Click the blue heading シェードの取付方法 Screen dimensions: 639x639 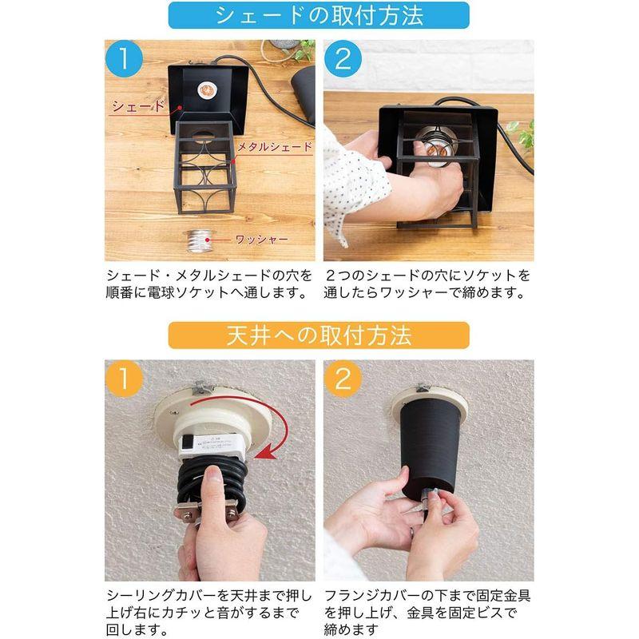click(x=319, y=15)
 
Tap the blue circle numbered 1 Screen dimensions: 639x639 click(x=124, y=59)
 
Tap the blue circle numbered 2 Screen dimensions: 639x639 click(x=343, y=59)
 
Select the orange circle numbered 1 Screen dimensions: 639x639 click(x=124, y=379)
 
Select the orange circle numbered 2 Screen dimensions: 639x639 click(x=343, y=379)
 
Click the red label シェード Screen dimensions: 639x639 click(x=138, y=106)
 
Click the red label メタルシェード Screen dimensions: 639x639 click(x=274, y=146)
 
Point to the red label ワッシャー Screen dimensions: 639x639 click(x=261, y=239)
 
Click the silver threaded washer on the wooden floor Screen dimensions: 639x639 click(x=199, y=241)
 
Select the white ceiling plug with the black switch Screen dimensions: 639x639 click(x=211, y=446)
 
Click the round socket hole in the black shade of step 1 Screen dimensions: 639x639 click(x=206, y=91)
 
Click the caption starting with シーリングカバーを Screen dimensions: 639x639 click(x=208, y=613)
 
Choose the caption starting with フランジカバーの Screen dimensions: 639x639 click(x=427, y=613)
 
